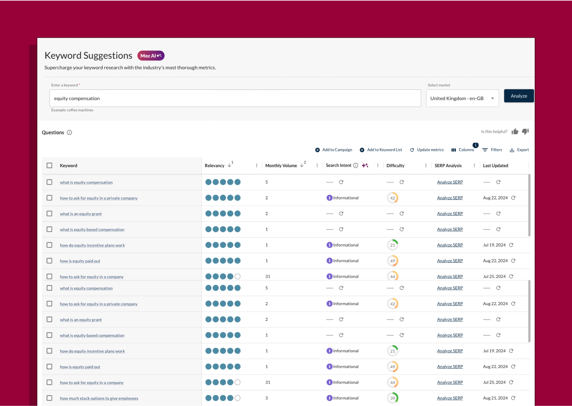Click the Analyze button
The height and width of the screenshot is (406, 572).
pyautogui.click(x=519, y=96)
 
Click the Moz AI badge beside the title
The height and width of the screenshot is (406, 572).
pyautogui.click(x=151, y=56)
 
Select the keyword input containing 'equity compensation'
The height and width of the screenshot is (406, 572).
pyautogui.click(x=235, y=98)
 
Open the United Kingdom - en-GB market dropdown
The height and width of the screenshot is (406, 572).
pyautogui.click(x=462, y=98)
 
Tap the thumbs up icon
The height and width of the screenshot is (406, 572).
pyautogui.click(x=515, y=132)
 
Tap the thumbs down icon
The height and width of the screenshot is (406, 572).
pyautogui.click(x=525, y=132)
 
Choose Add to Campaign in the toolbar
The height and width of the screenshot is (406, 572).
pyautogui.click(x=334, y=150)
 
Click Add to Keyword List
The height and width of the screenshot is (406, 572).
pyautogui.click(x=381, y=150)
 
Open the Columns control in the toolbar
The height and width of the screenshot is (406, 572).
pyautogui.click(x=463, y=150)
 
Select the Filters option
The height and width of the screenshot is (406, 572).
pyautogui.click(x=492, y=150)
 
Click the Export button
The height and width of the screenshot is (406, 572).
pyautogui.click(x=519, y=150)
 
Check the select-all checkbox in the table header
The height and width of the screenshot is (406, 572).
pyautogui.click(x=49, y=166)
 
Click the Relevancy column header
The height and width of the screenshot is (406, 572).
pyautogui.click(x=215, y=166)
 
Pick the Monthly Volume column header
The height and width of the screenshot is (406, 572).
pyautogui.click(x=281, y=166)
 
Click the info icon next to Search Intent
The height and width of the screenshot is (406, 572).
pyautogui.click(x=356, y=166)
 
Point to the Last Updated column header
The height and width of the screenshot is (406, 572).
pyautogui.click(x=495, y=166)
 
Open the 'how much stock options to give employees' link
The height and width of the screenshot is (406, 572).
pyautogui.click(x=99, y=399)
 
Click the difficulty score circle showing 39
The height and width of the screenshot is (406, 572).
pyautogui.click(x=393, y=398)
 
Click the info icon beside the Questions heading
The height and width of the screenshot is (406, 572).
pyautogui.click(x=70, y=132)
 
